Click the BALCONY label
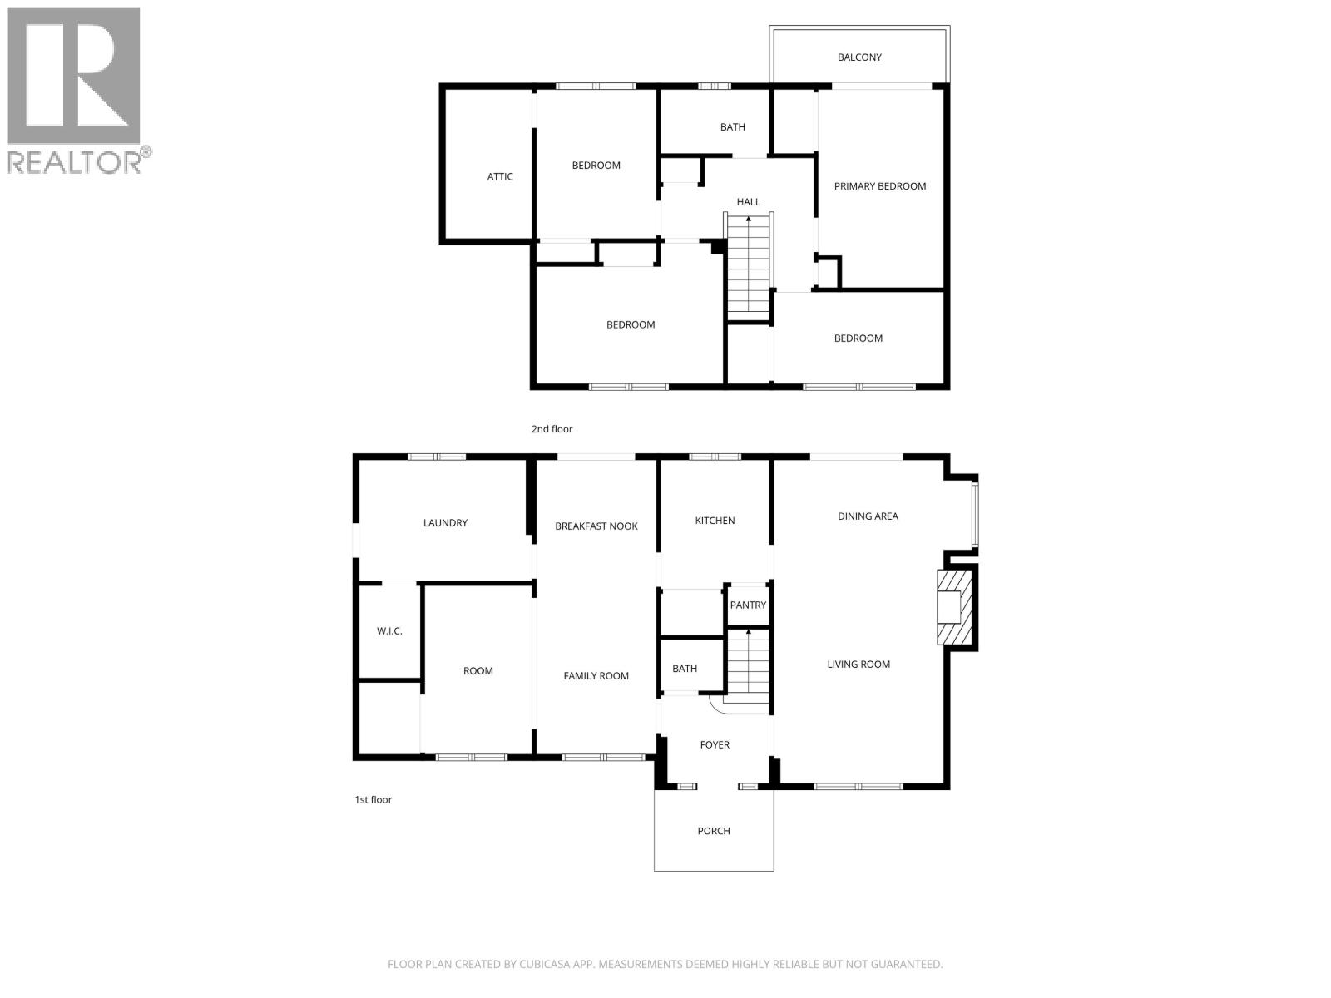click(x=859, y=57)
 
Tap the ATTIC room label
click(x=500, y=176)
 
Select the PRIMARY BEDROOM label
click(x=880, y=186)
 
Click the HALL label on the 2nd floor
click(x=748, y=202)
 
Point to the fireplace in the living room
click(x=954, y=607)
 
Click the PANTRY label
click(x=748, y=605)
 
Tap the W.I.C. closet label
click(x=389, y=631)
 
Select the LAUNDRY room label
click(x=445, y=523)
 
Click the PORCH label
click(x=714, y=831)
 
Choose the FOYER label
click(x=715, y=745)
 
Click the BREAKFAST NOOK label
click(x=596, y=526)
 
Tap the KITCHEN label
click(x=715, y=521)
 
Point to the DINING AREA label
click(x=868, y=516)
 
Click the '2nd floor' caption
click(x=552, y=429)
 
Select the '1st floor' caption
click(x=374, y=800)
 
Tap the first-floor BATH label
click(x=685, y=669)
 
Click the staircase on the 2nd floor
click(x=749, y=266)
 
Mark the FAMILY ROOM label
click(x=596, y=676)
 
